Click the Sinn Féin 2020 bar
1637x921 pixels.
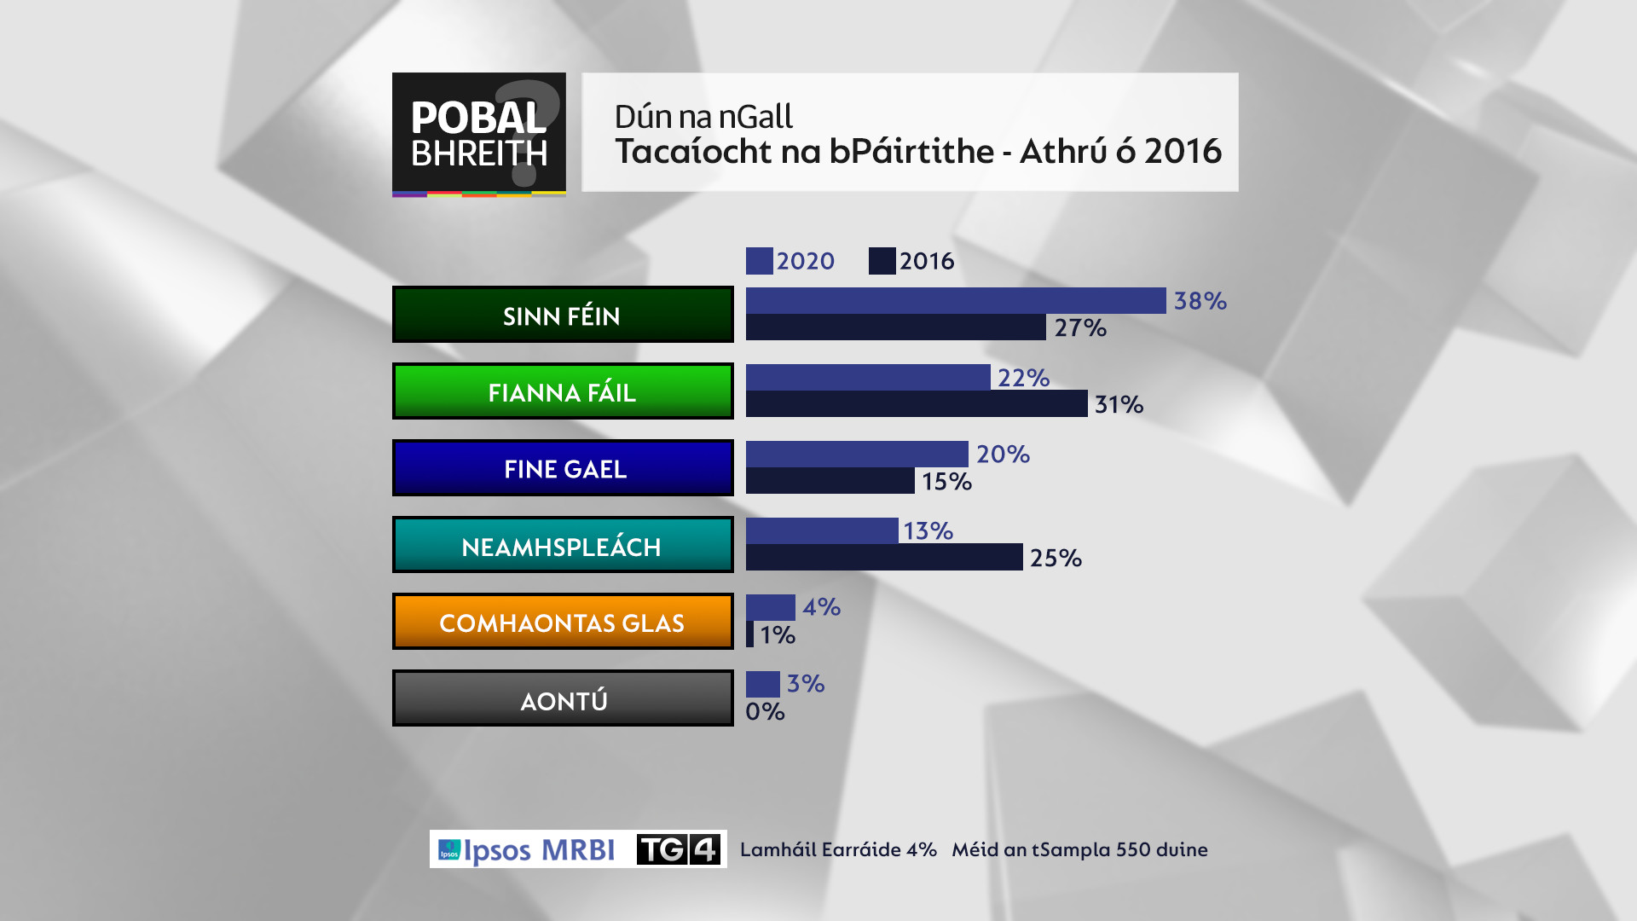tap(955, 300)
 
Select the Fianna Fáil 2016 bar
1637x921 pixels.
tap(917, 403)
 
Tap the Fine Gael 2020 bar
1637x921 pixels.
tap(857, 454)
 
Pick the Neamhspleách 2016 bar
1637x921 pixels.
tap(884, 557)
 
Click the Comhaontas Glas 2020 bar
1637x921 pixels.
tap(770, 607)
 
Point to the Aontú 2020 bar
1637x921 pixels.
tap(762, 684)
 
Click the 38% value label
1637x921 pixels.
tap(1200, 301)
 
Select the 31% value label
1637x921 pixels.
tap(1119, 404)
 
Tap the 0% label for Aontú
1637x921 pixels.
tap(765, 711)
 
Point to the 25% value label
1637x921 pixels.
tap(1056, 558)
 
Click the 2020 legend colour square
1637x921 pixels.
tap(759, 261)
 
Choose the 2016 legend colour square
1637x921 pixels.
tap(882, 261)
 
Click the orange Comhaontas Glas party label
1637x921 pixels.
tap(563, 622)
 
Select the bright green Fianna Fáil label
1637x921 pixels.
tap(563, 391)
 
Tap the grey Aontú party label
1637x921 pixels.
tap(563, 698)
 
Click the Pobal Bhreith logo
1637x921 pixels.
tap(478, 134)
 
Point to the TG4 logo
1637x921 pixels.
tap(679, 849)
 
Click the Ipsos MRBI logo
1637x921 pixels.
tap(527, 849)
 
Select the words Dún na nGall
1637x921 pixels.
tap(703, 116)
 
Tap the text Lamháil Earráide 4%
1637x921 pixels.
tap(838, 849)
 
